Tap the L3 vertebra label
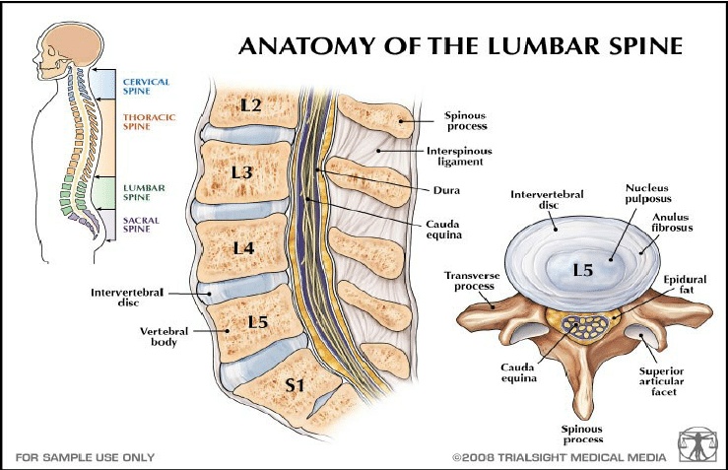tap(241, 172)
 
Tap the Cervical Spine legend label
tap(145, 86)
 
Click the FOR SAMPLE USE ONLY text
tap(85, 457)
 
